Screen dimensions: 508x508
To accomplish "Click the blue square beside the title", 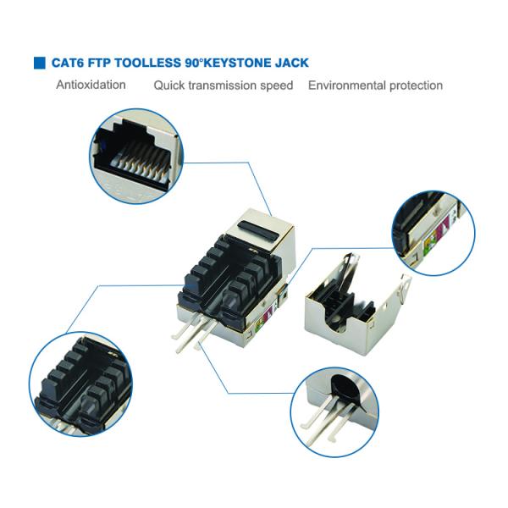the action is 40,63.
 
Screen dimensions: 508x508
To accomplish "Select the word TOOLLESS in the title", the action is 147,63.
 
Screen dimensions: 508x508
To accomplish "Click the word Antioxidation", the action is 91,85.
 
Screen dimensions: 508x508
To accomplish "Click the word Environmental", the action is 346,86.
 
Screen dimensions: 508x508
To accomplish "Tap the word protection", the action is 416,86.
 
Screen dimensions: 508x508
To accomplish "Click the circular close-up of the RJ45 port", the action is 136,156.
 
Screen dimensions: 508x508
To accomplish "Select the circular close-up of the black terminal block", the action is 80,384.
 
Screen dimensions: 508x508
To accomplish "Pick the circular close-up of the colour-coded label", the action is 433,234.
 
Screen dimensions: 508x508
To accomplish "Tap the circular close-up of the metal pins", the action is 334,411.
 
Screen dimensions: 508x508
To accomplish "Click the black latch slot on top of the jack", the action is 258,231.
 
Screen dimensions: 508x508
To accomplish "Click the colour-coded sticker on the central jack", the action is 262,319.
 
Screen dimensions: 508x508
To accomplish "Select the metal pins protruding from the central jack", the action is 194,332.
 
